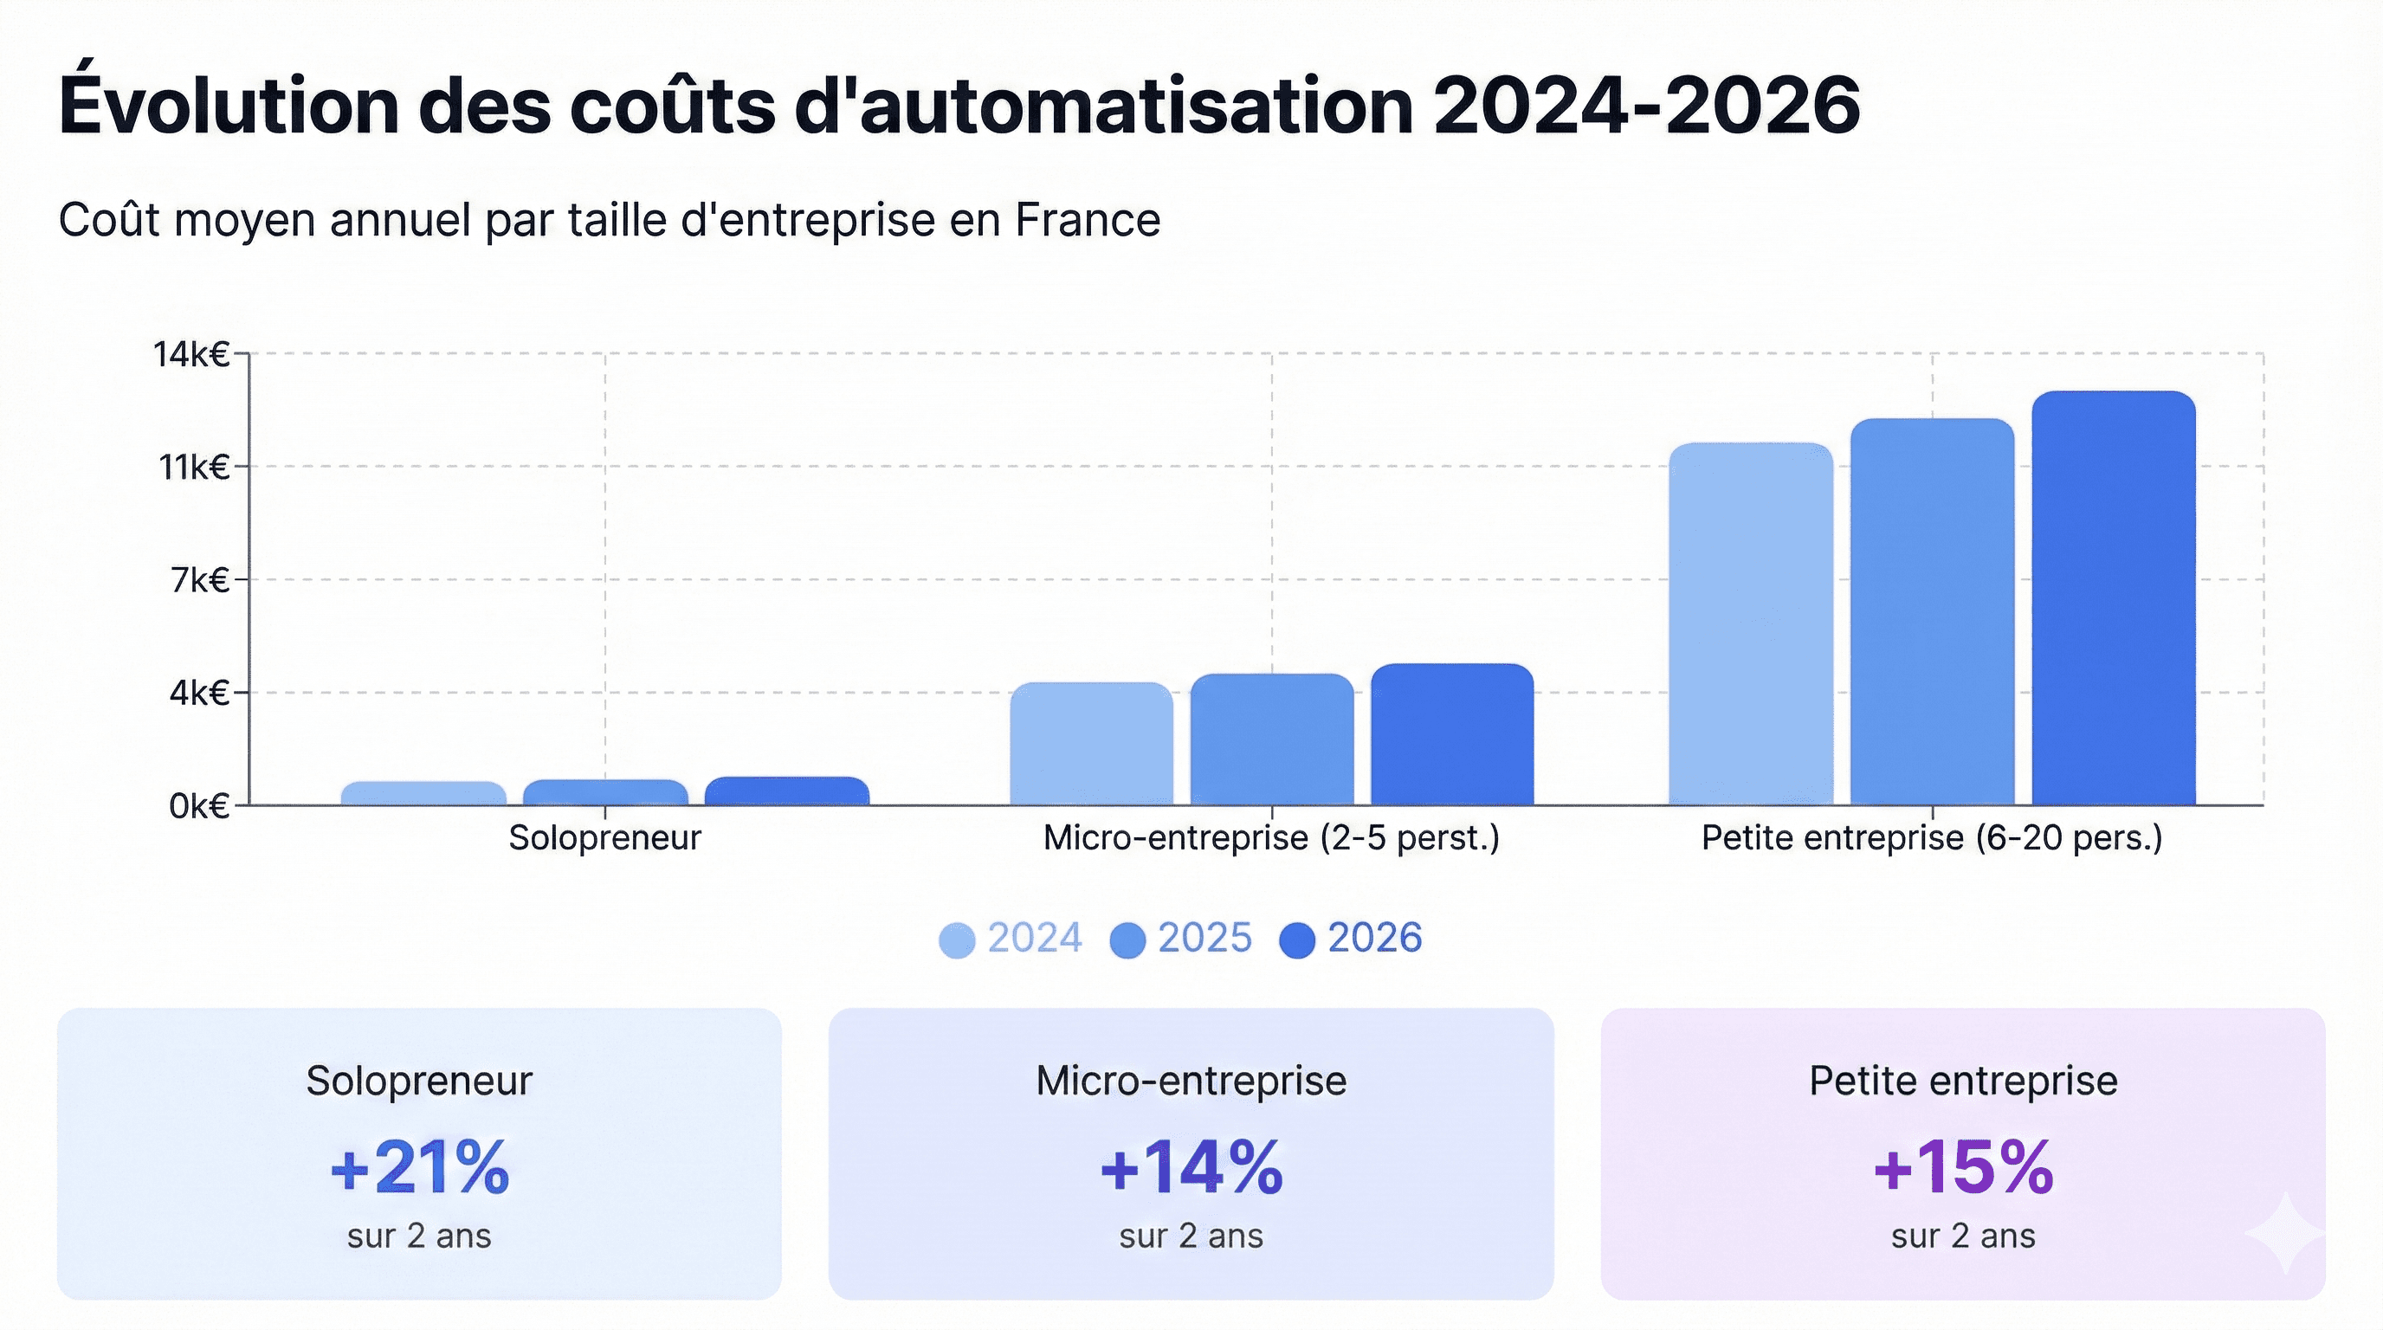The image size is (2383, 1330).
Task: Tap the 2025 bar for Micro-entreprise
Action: coord(1271,740)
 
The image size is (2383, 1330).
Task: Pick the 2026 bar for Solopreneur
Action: coord(786,791)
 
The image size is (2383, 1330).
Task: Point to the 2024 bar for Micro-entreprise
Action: coord(1091,744)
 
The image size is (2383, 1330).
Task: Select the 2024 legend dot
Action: coord(957,940)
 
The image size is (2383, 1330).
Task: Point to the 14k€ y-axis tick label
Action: coord(191,354)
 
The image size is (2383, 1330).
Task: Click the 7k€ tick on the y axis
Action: coord(200,580)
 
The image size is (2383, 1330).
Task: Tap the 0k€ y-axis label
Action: coord(199,806)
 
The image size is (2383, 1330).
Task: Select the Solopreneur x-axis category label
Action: coord(605,838)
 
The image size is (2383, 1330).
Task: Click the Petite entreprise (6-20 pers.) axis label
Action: coord(1932,838)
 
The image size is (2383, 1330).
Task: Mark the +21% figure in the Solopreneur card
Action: coord(419,1167)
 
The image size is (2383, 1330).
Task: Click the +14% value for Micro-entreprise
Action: coord(1191,1167)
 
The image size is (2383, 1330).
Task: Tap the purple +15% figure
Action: coord(1963,1167)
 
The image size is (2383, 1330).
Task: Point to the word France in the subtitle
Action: coord(1087,220)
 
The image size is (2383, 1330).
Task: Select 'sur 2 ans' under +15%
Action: coord(1963,1236)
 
